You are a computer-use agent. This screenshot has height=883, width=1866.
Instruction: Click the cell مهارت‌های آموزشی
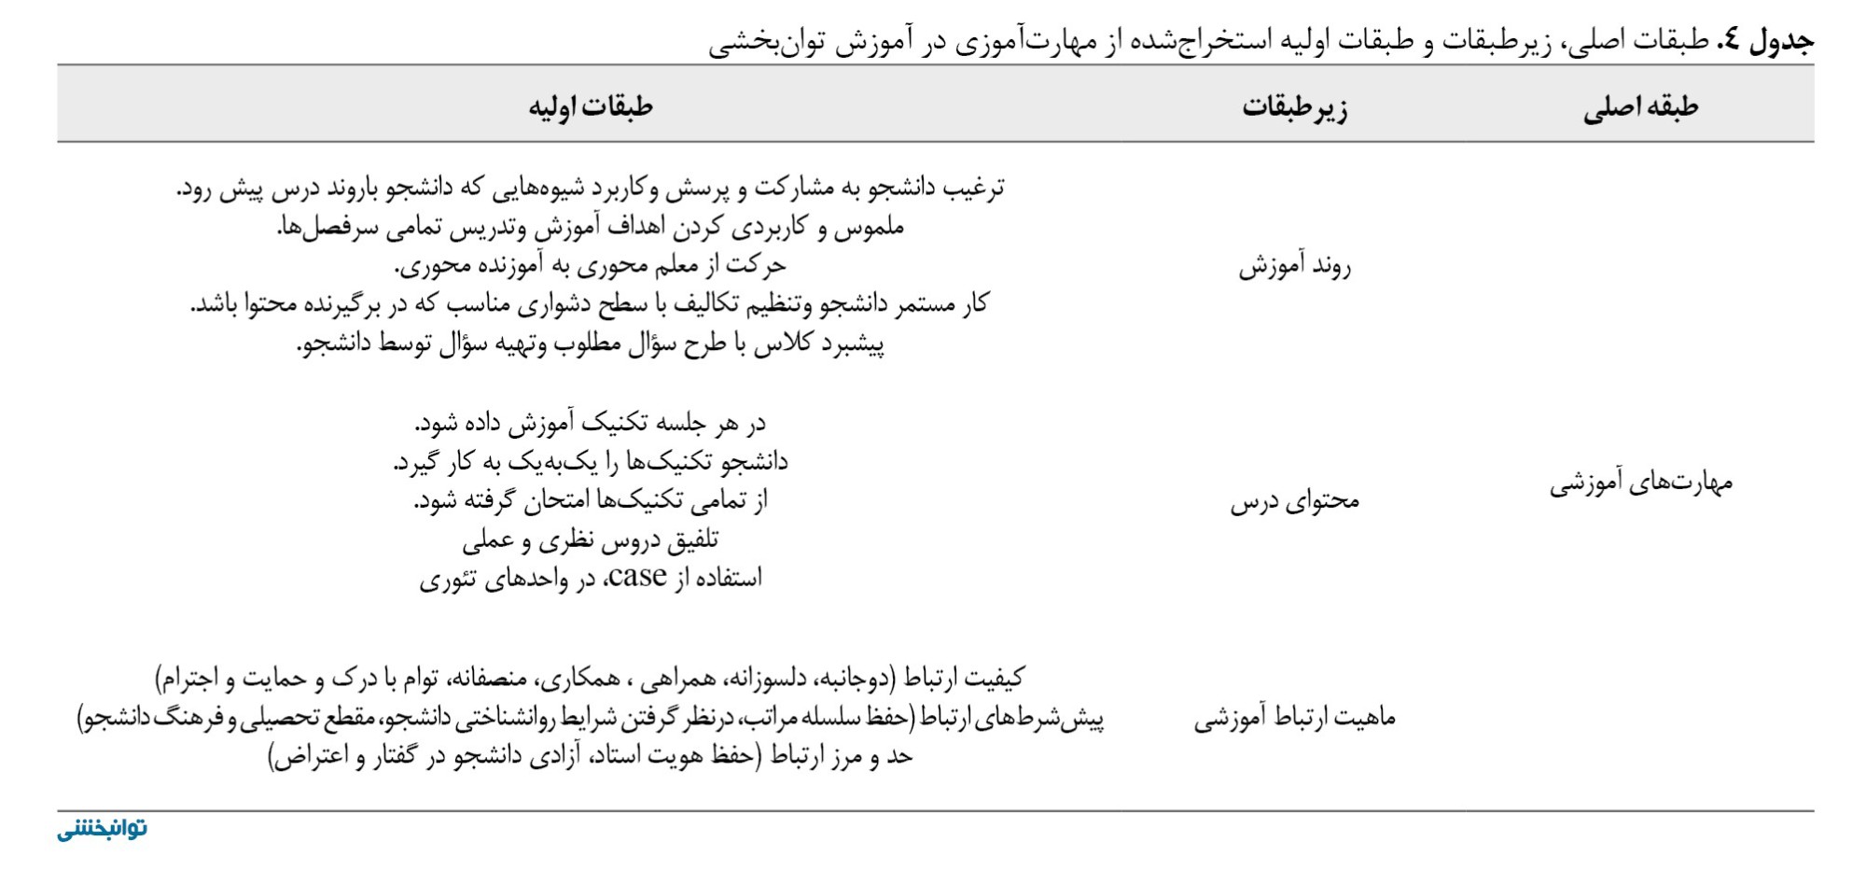(1640, 484)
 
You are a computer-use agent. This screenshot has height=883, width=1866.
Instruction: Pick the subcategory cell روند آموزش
(1294, 267)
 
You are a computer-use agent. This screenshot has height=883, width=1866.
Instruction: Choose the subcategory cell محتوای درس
(1294, 502)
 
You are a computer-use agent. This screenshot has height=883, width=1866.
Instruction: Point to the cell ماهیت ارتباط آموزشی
(1294, 718)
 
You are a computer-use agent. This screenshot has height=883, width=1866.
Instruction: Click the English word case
(637, 577)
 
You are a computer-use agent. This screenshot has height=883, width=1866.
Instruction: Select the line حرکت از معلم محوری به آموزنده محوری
(591, 266)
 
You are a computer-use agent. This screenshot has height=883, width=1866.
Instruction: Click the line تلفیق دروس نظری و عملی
(591, 540)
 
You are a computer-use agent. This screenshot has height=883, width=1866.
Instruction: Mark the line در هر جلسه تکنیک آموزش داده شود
(591, 423)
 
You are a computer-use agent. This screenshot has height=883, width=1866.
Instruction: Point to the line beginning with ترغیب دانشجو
(591, 188)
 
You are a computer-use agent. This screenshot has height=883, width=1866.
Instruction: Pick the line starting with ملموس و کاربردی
(591, 227)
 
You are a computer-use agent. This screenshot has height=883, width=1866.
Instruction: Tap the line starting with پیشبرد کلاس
(591, 344)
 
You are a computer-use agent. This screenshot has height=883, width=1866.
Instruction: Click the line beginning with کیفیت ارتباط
(591, 678)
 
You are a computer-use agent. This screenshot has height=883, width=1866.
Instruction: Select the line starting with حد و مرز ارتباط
(591, 756)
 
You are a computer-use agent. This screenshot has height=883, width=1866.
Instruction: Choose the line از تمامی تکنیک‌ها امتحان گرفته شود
(591, 501)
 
